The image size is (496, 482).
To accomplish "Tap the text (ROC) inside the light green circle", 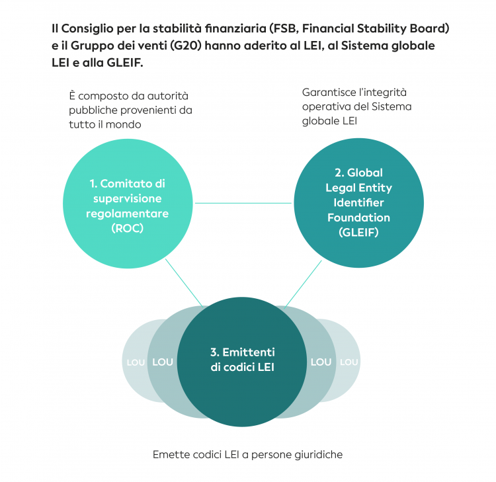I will click(128, 229).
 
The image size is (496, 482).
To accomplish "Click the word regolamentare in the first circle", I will click(128, 214).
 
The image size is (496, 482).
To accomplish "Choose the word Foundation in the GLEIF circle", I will click(358, 218).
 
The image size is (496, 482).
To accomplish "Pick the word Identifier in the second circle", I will click(358, 202).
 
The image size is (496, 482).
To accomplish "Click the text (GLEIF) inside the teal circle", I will click(358, 233).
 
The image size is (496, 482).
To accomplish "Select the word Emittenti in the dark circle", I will click(249, 352).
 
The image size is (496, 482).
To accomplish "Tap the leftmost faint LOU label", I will click(135, 362).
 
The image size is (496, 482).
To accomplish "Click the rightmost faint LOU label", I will click(349, 362).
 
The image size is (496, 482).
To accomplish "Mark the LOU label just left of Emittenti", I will click(163, 362).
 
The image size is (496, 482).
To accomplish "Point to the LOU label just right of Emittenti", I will click(321, 362).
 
